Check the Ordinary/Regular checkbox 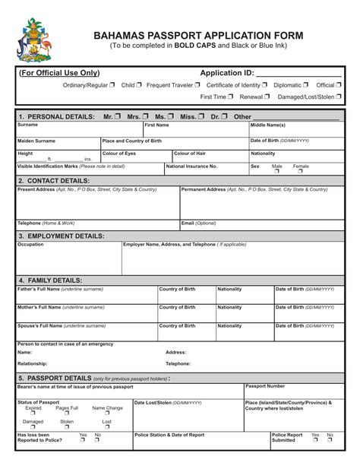pyautogui.click(x=112, y=85)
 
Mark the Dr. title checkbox pyautogui.click(x=226, y=116)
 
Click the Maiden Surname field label pyautogui.click(x=36, y=141)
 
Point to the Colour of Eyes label pyautogui.click(x=118, y=154)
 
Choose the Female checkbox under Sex pyautogui.click(x=301, y=171)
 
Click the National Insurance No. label pyautogui.click(x=191, y=166)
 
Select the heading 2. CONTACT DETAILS pyautogui.click(x=53, y=181)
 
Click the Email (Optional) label pyautogui.click(x=199, y=223)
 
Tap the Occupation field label pyautogui.click(x=30, y=245)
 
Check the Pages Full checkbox pyautogui.click(x=67, y=414)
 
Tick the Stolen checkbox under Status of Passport pyautogui.click(x=67, y=427)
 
